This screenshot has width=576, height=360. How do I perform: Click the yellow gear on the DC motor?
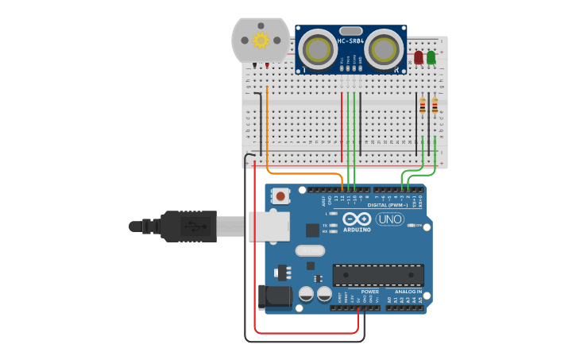click(x=261, y=40)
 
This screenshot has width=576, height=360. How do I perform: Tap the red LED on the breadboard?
click(x=419, y=57)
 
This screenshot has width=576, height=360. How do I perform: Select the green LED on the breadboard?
click(x=431, y=57)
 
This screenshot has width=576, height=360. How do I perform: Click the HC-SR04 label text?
click(x=350, y=41)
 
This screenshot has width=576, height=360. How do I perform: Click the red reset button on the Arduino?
click(x=280, y=195)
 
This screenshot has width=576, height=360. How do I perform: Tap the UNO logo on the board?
click(x=390, y=219)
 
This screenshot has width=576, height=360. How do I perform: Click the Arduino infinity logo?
click(x=357, y=219)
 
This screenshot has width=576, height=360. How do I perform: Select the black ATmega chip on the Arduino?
click(x=378, y=275)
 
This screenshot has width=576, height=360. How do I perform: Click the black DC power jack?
click(x=274, y=297)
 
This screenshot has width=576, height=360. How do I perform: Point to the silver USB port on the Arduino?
click(x=265, y=226)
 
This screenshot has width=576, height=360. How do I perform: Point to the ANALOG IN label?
click(x=405, y=291)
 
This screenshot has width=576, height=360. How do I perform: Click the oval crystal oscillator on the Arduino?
click(x=310, y=251)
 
